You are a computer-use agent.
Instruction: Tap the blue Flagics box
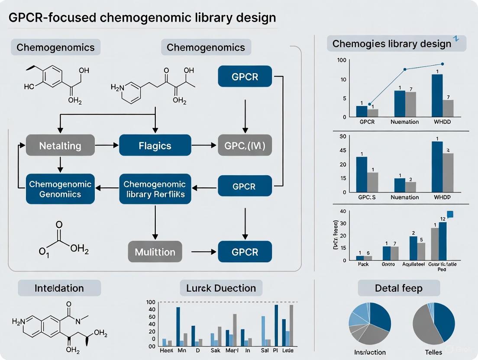[155, 145]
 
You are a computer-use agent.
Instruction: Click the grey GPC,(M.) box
[245, 145]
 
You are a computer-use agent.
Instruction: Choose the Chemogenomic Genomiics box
[60, 189]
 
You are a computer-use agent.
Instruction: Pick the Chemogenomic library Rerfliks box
[155, 189]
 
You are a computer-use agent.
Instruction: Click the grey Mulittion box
[155, 251]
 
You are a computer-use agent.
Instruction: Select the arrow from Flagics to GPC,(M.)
[205, 145]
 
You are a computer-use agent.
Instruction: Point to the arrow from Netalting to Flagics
[107, 145]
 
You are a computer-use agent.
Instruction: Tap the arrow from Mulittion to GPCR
[200, 251]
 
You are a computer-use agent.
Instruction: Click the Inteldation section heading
[59, 288]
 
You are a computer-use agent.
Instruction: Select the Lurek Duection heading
[221, 288]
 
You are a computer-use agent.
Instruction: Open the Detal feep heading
[399, 288]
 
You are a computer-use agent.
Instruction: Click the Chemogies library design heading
[391, 44]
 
